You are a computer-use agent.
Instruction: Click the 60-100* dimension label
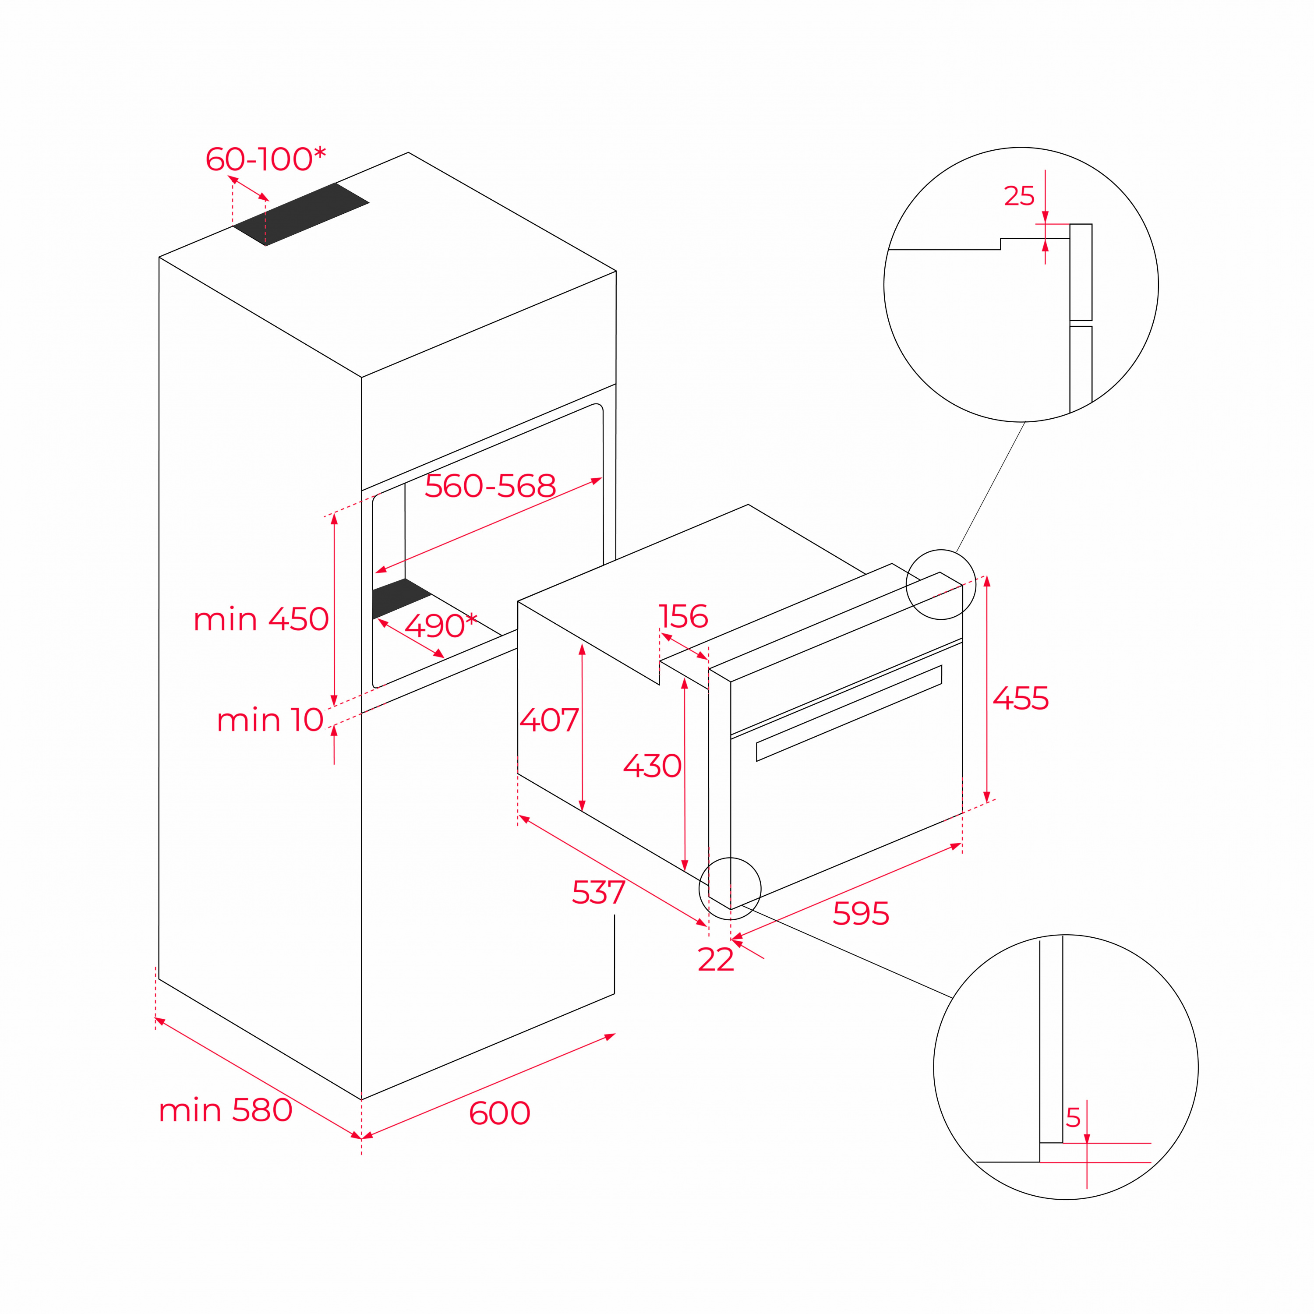pyautogui.click(x=265, y=159)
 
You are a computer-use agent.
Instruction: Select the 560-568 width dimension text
pyautogui.click(x=490, y=486)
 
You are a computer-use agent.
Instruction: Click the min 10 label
pyautogui.click(x=270, y=720)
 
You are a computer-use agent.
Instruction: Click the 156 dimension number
pyautogui.click(x=684, y=616)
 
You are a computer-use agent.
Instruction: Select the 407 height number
pyautogui.click(x=549, y=720)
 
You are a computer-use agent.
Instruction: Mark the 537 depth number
pyautogui.click(x=598, y=892)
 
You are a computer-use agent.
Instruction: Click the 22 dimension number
pyautogui.click(x=716, y=960)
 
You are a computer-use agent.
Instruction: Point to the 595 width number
pyautogui.click(x=860, y=913)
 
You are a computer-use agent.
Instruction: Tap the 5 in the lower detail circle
pyautogui.click(x=1073, y=1117)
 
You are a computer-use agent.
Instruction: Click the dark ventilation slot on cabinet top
pyautogui.click(x=300, y=214)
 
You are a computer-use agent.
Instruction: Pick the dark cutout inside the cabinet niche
pyautogui.click(x=400, y=598)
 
